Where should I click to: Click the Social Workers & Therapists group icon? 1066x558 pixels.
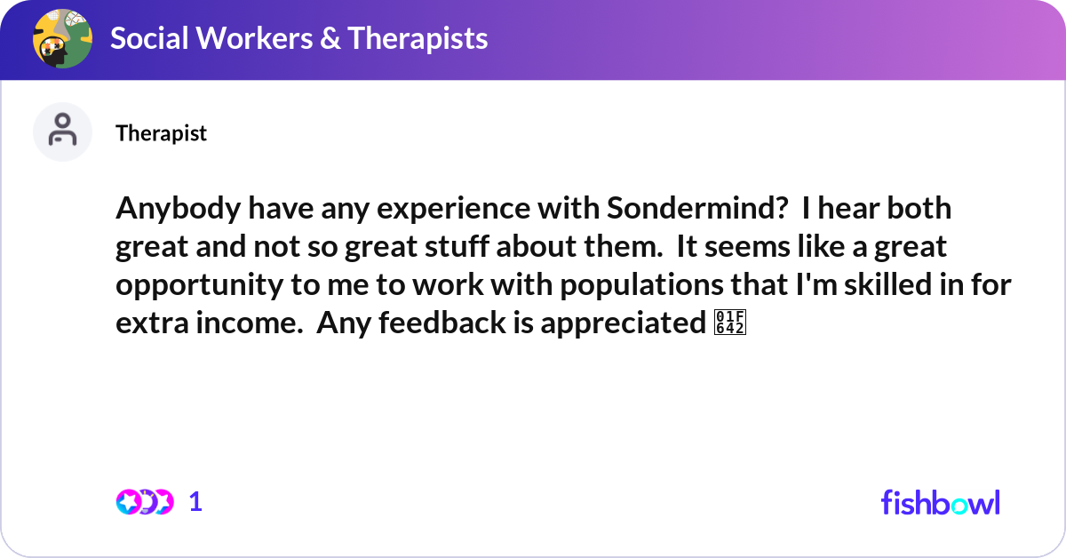click(x=62, y=39)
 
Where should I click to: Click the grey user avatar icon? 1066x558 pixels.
click(x=62, y=132)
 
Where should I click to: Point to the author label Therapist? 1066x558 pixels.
click(x=161, y=133)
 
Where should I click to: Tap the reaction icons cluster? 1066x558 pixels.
click(x=144, y=502)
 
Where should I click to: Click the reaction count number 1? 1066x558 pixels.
click(x=195, y=502)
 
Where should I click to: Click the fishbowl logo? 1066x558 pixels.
click(x=940, y=502)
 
